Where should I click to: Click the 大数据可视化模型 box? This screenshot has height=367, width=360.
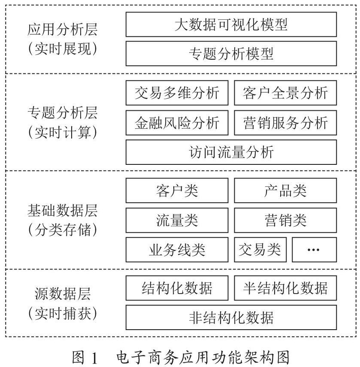pyautogui.click(x=231, y=24)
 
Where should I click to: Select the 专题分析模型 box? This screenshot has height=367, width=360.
pyautogui.click(x=231, y=54)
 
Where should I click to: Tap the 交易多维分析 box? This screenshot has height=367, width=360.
pyautogui.click(x=177, y=93)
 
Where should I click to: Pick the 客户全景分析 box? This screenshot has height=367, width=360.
pyautogui.click(x=285, y=93)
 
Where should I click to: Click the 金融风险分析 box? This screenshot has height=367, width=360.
pyautogui.click(x=177, y=123)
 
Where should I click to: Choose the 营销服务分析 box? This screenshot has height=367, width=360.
pyautogui.click(x=285, y=123)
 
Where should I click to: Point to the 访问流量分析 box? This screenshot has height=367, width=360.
pyautogui.click(x=231, y=152)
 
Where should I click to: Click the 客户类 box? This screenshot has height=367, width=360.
pyautogui.click(x=177, y=190)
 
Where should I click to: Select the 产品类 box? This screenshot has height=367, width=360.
pyautogui.click(x=285, y=190)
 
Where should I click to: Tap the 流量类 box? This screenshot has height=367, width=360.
pyautogui.click(x=177, y=220)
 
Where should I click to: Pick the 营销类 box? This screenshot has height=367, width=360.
pyautogui.click(x=285, y=220)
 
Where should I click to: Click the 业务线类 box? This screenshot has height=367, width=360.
pyautogui.click(x=177, y=249)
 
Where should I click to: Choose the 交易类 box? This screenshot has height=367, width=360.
pyautogui.click(x=260, y=249)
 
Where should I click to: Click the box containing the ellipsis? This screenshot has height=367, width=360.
pyautogui.click(x=315, y=249)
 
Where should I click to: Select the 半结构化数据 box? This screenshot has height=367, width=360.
pyautogui.click(x=285, y=288)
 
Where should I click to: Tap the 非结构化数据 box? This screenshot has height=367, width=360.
pyautogui.click(x=231, y=317)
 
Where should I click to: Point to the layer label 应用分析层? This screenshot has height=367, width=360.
pyautogui.click(x=62, y=30)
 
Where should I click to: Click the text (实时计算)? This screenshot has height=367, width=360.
pyautogui.click(x=62, y=132)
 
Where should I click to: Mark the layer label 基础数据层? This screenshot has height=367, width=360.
pyautogui.click(x=62, y=210)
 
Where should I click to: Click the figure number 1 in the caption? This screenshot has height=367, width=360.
pyautogui.click(x=94, y=358)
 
